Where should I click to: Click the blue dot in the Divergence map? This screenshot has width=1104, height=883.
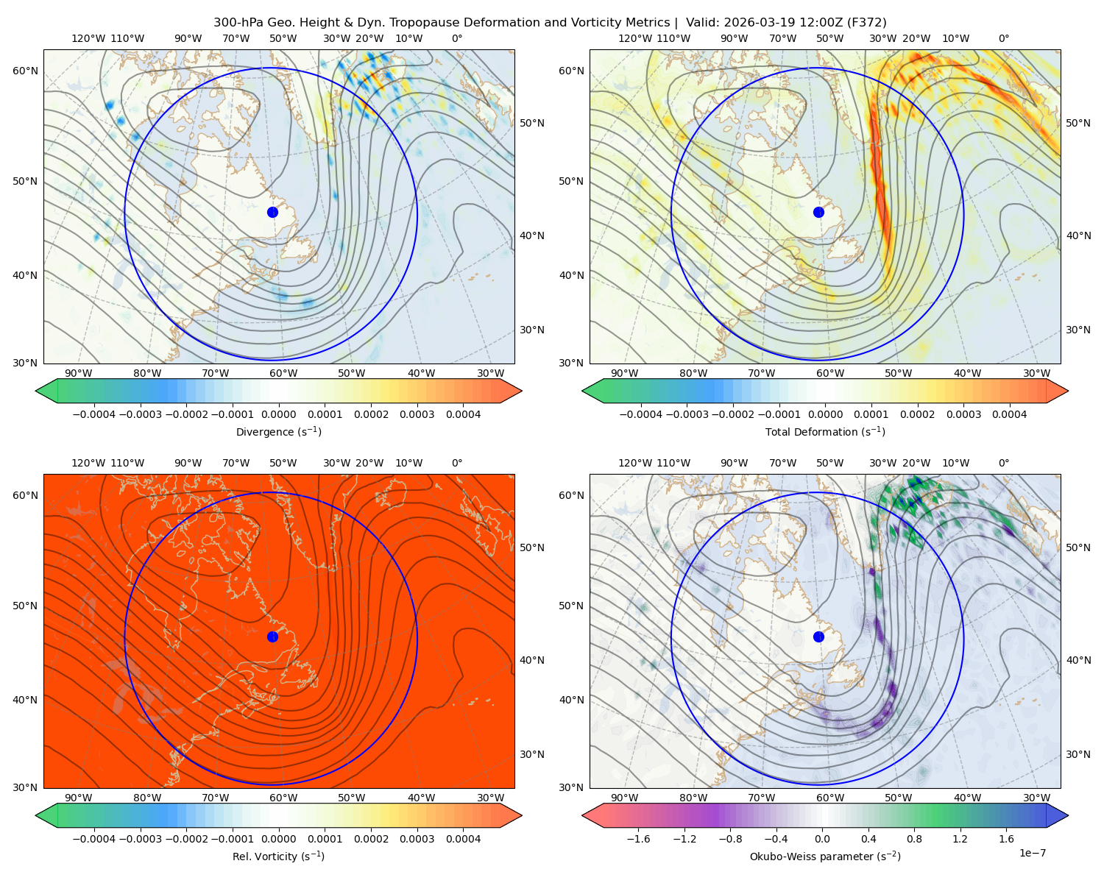272,213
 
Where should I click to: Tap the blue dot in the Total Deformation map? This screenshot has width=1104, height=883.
818,213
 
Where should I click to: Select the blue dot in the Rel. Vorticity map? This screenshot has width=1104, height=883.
272,636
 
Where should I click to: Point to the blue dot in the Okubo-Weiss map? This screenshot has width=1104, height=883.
818,636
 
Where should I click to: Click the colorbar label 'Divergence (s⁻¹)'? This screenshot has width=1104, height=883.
278,432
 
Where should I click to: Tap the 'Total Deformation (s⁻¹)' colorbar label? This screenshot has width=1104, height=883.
825,432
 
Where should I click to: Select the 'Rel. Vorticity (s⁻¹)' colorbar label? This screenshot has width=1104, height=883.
278,857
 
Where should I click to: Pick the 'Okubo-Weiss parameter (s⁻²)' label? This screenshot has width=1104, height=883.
825,857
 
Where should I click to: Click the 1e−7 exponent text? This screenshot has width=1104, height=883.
1032,854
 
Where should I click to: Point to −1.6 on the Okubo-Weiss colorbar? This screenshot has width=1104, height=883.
638,839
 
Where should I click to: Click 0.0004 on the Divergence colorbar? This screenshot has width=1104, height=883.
463,414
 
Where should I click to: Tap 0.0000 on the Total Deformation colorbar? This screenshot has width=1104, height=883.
826,414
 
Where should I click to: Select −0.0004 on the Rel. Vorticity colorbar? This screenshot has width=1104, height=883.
94,839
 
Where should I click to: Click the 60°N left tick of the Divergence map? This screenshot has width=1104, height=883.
25,71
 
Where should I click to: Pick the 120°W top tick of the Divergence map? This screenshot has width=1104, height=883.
88,38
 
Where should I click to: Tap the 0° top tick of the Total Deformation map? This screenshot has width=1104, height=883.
1003,38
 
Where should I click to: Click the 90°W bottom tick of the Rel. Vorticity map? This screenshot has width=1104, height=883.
79,798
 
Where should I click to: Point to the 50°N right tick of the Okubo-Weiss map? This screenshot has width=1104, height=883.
1078,547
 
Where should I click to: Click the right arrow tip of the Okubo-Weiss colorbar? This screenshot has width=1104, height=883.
1068,815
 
